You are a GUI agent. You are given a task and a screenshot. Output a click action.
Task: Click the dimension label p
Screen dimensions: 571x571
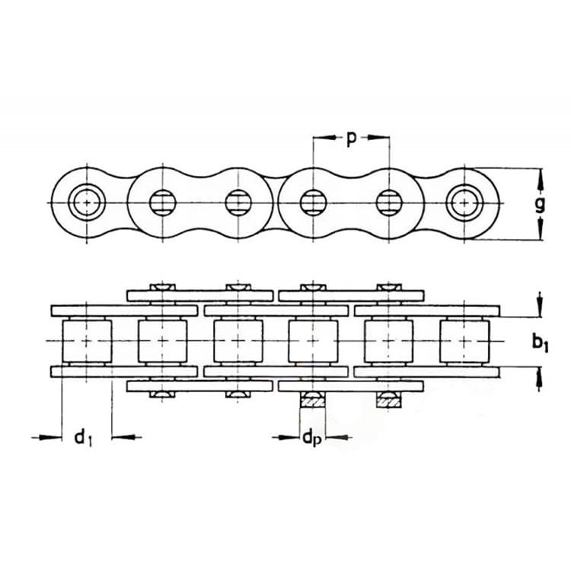click(350, 139)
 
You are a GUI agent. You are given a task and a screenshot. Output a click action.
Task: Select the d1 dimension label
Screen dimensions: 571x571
click(84, 437)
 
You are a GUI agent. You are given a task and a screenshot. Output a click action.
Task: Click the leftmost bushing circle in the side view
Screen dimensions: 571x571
click(87, 202)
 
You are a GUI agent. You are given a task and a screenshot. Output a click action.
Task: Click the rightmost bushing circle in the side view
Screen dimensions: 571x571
click(465, 202)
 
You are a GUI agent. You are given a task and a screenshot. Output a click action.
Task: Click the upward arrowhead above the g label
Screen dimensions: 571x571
click(540, 180)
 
